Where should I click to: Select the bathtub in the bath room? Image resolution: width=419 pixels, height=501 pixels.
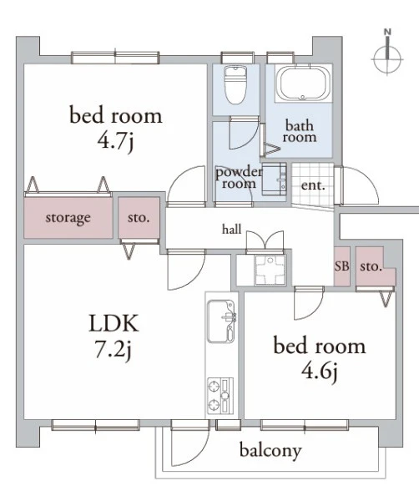(x=302, y=83)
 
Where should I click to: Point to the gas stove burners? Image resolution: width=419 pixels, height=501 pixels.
(x=220, y=396)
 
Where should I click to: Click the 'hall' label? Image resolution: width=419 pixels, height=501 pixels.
(x=231, y=229)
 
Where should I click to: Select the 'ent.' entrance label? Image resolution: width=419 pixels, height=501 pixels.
(x=313, y=185)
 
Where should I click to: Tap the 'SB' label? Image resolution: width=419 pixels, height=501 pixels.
(x=341, y=266)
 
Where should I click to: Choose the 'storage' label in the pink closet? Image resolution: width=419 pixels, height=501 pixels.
(x=68, y=218)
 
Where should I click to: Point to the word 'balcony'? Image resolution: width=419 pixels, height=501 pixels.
(x=270, y=451)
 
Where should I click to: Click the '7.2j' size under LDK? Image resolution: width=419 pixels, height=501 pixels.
(x=113, y=350)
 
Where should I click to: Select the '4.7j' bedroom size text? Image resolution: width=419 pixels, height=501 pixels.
(x=115, y=142)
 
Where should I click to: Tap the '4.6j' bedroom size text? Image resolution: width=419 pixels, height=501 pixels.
(x=320, y=372)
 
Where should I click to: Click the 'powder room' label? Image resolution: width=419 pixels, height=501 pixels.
(x=239, y=178)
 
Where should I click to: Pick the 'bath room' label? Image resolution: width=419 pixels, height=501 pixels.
(x=300, y=131)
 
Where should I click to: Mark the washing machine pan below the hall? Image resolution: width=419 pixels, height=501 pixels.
(x=270, y=270)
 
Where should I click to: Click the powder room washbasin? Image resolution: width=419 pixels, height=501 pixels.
(x=275, y=180)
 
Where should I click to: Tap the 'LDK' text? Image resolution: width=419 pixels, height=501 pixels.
(x=114, y=323)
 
